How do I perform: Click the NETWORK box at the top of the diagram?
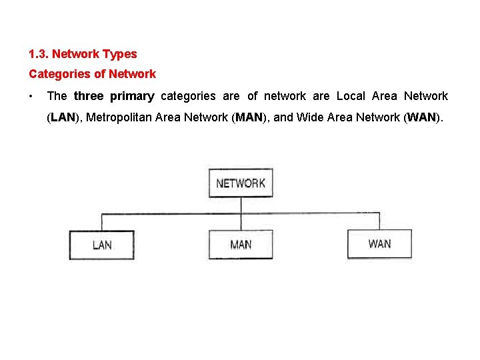[x=241, y=183]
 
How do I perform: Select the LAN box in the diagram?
[x=102, y=245]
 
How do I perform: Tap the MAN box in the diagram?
[x=241, y=245]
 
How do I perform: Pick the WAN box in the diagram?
[x=379, y=244]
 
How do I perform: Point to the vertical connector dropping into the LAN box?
[x=102, y=222]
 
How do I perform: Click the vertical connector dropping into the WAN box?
[x=379, y=221]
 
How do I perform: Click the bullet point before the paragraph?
[x=31, y=96]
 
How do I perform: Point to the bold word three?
[x=89, y=96]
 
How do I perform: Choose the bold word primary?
[x=132, y=96]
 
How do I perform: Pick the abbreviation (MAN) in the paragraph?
[x=249, y=118]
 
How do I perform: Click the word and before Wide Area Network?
[x=283, y=118]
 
